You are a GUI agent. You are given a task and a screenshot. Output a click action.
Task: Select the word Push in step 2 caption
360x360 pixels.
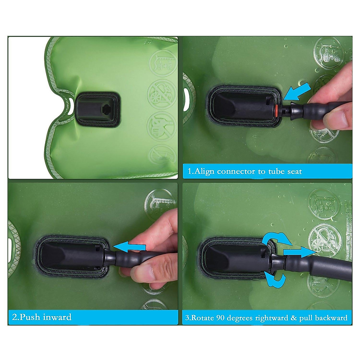point(30,317)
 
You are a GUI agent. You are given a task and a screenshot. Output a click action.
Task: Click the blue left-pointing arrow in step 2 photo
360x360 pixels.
point(130,246)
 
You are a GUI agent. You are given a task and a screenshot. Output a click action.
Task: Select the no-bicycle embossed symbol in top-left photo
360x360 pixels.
point(161,94)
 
